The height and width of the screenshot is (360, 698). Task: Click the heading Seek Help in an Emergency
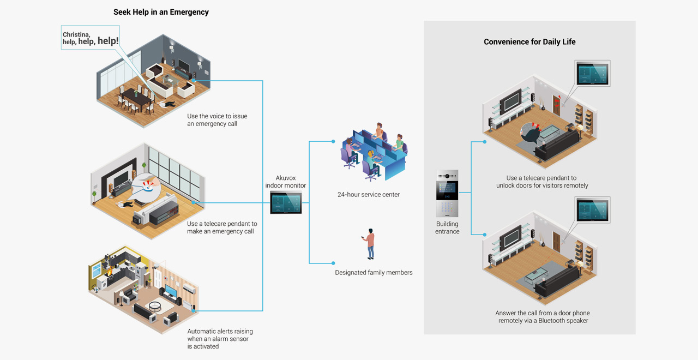pyautogui.click(x=161, y=12)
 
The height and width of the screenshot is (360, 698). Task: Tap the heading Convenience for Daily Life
pyautogui.click(x=529, y=42)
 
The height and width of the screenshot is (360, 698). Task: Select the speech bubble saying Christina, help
pyautogui.click(x=91, y=38)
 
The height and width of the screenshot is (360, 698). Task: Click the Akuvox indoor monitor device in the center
pyautogui.click(x=286, y=203)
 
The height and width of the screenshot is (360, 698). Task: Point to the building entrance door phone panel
pyautogui.click(x=447, y=194)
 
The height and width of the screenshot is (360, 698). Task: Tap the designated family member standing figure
pyautogui.click(x=370, y=244)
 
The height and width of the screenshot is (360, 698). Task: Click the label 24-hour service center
pyautogui.click(x=368, y=195)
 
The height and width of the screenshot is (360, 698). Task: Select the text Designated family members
pyautogui.click(x=374, y=272)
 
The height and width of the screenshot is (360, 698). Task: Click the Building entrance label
pyautogui.click(x=447, y=227)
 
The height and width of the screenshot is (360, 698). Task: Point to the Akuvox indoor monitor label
pyautogui.click(x=285, y=182)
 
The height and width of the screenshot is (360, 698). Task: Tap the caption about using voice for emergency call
pyautogui.click(x=217, y=120)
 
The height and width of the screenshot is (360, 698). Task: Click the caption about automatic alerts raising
pyautogui.click(x=220, y=339)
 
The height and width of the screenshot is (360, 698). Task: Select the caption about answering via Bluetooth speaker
pyautogui.click(x=542, y=317)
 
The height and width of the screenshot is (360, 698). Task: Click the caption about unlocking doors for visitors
pyautogui.click(x=542, y=182)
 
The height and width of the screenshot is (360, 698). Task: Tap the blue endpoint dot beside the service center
pyautogui.click(x=333, y=142)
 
